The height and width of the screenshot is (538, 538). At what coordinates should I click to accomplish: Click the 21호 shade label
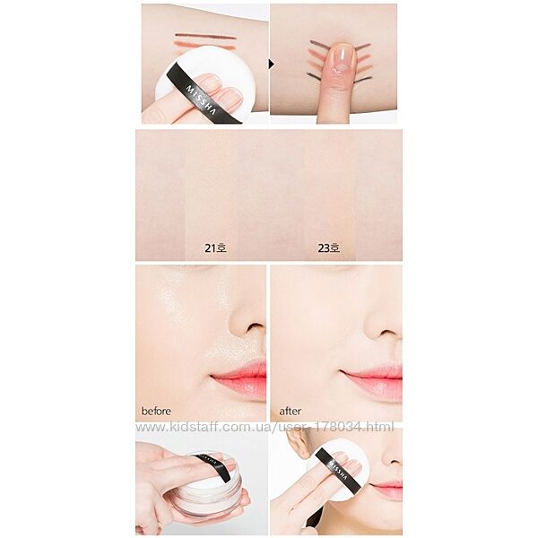click(215, 247)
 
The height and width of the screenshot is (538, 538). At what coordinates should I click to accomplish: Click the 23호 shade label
click(329, 247)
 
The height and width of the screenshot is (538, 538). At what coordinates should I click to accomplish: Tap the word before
click(156, 411)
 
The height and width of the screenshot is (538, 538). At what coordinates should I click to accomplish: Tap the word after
click(290, 411)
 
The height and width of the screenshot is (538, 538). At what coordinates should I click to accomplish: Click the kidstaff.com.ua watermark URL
click(265, 427)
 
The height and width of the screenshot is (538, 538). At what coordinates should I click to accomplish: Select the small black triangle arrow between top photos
click(272, 65)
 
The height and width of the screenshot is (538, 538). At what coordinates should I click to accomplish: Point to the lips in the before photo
click(239, 378)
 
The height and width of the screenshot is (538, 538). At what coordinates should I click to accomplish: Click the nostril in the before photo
click(253, 327)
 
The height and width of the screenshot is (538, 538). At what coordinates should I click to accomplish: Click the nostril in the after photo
click(386, 332)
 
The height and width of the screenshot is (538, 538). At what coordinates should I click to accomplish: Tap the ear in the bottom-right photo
click(298, 443)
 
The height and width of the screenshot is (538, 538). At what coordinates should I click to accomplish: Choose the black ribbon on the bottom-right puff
click(338, 469)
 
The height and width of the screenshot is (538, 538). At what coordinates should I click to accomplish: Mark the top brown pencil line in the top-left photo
click(205, 36)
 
